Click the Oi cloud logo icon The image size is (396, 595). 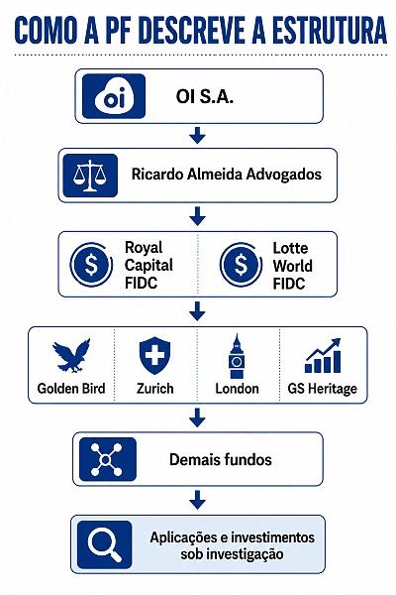(x=114, y=96)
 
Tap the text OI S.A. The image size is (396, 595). (x=205, y=97)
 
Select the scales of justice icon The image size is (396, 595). (x=90, y=176)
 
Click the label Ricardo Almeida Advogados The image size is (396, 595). (x=227, y=175)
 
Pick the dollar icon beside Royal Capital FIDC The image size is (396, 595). (x=91, y=265)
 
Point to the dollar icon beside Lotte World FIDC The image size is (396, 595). (x=241, y=265)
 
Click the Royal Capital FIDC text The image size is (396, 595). (x=148, y=265)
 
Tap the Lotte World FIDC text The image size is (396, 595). (x=293, y=266)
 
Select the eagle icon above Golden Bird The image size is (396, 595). (x=71, y=355)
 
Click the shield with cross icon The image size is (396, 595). (x=154, y=356)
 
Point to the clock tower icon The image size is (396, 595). (x=237, y=356)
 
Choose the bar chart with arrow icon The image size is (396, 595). (x=323, y=356)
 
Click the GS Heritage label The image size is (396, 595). (x=322, y=389)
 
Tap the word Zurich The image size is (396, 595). (x=155, y=389)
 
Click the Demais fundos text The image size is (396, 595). (x=221, y=459)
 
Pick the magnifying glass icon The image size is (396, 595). (x=105, y=544)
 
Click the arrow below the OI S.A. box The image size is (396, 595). (x=197, y=135)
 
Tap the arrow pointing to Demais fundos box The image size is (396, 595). (x=197, y=417)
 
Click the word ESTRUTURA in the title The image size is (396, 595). (x=329, y=31)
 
